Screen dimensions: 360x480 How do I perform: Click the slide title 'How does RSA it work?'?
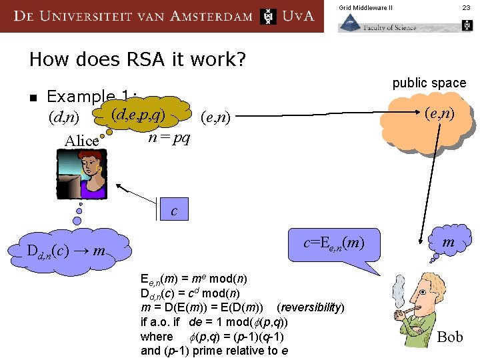pos(137,59)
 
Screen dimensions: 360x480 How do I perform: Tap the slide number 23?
pos(466,7)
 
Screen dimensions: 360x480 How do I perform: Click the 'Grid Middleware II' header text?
pos(365,7)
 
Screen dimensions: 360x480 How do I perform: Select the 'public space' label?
pos(429,83)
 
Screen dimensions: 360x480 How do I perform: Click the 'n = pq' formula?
pos(169,138)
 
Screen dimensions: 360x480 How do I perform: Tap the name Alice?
pos(81,141)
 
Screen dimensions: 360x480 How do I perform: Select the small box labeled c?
pos(174,210)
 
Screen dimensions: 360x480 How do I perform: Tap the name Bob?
pos(449,337)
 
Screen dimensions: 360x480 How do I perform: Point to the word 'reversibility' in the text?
pos(311,307)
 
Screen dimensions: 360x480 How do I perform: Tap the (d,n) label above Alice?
pos(64,118)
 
